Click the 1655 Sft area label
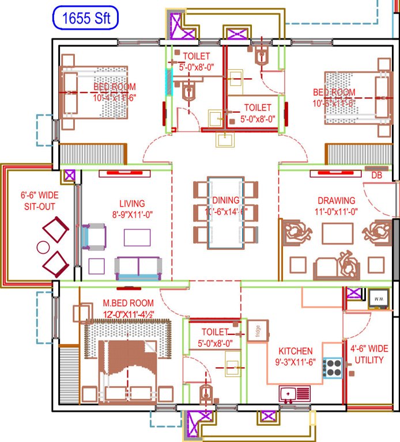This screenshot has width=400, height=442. (86, 18)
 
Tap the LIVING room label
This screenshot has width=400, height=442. (132, 204)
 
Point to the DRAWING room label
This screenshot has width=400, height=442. (337, 201)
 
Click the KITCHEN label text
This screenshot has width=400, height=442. (296, 351)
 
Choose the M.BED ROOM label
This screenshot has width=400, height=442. (128, 303)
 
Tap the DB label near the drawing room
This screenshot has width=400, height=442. (376, 175)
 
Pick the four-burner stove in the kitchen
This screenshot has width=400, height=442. (333, 368)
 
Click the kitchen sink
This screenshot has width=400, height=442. (295, 394)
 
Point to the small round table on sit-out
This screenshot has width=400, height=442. (43, 247)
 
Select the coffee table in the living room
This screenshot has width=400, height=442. (137, 237)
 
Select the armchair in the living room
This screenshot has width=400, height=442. (94, 237)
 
